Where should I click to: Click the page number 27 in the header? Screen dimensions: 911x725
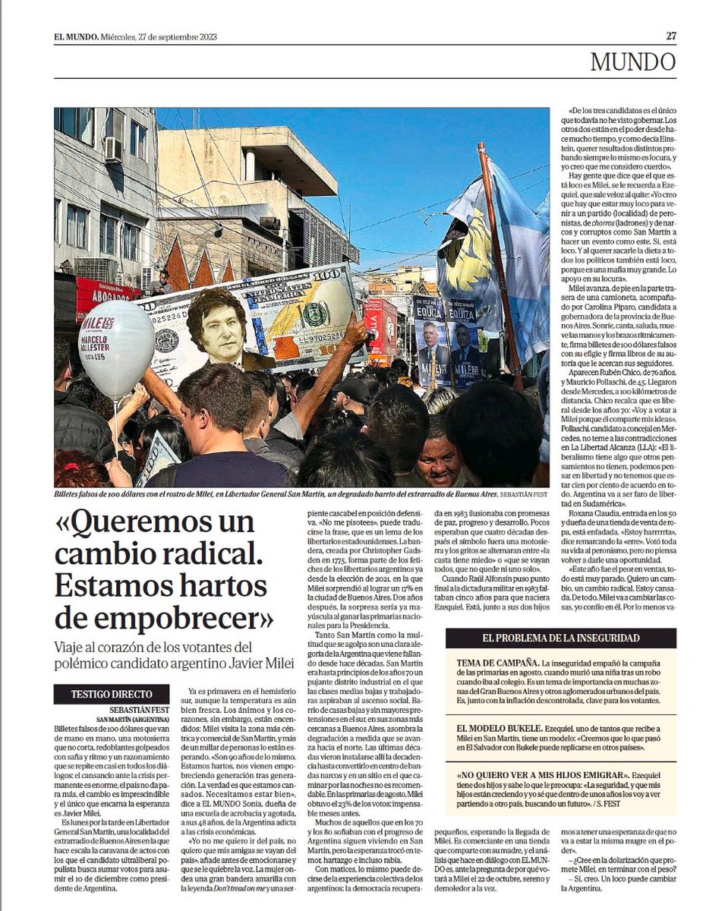point(671,36)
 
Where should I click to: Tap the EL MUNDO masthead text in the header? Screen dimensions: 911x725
point(76,36)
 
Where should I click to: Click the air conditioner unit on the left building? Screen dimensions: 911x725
point(113,149)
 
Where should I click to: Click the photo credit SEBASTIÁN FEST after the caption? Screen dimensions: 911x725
point(516,493)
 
